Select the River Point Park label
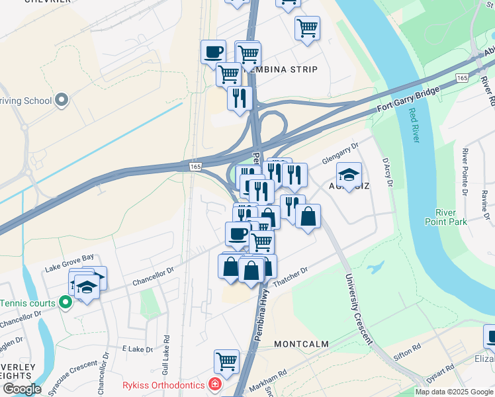click(451, 217)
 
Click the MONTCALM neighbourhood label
click(301, 345)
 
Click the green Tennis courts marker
click(65, 303)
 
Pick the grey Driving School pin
click(62, 101)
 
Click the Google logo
click(21, 389)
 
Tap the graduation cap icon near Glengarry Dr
click(349, 175)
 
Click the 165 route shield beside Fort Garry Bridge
click(462, 78)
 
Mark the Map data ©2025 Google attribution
click(454, 392)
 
